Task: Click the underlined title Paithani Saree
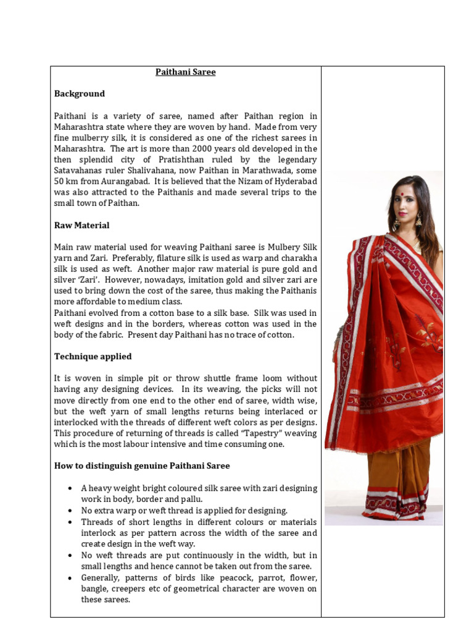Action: pyautogui.click(x=185, y=72)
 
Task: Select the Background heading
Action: pyautogui.click(x=80, y=94)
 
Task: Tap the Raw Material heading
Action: pyautogui.click(x=82, y=225)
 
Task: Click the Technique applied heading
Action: pyautogui.click(x=93, y=357)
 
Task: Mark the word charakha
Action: pyautogui.click(x=293, y=258)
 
